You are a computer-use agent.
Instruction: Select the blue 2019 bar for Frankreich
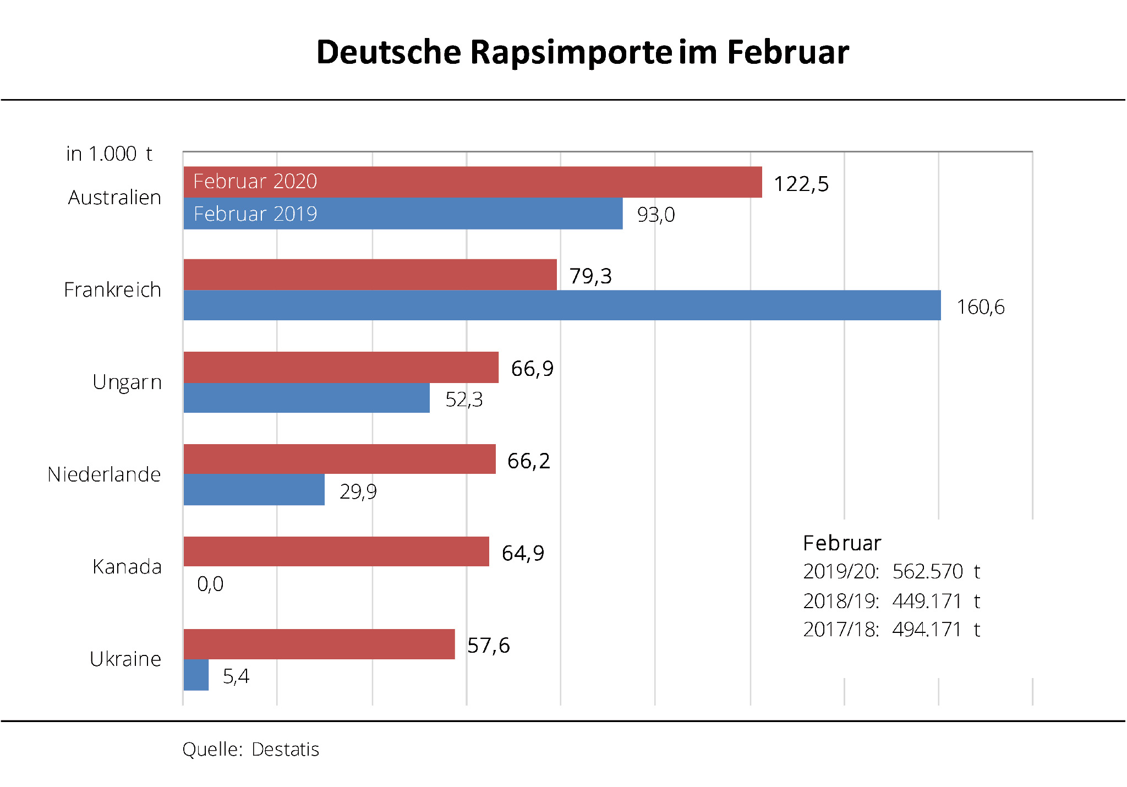click(561, 305)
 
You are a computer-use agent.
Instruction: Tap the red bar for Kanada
click(336, 551)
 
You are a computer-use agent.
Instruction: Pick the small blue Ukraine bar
click(196, 675)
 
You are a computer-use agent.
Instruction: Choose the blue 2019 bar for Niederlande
click(254, 490)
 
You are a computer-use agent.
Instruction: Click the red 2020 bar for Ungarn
click(341, 367)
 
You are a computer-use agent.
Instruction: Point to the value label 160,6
click(980, 307)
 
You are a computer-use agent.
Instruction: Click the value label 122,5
click(801, 184)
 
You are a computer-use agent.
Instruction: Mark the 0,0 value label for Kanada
click(210, 584)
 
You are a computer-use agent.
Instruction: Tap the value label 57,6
click(488, 646)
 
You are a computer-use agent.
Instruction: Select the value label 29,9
click(358, 491)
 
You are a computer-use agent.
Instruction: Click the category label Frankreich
click(112, 290)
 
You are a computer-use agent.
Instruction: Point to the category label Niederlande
click(104, 474)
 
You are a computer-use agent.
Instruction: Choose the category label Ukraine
click(125, 659)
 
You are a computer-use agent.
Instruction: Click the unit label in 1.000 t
click(109, 154)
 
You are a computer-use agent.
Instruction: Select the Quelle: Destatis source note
click(250, 750)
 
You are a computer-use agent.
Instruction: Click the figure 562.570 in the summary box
click(927, 572)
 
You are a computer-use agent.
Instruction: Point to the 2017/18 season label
click(841, 630)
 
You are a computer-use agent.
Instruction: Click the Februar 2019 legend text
click(255, 214)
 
